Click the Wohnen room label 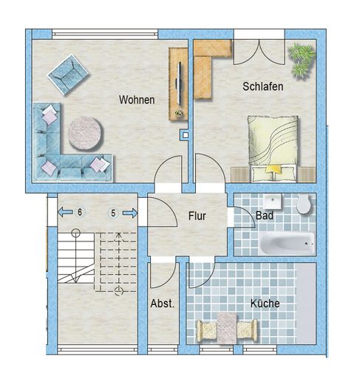click(x=137, y=100)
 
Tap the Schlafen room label click(x=263, y=86)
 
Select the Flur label click(x=197, y=216)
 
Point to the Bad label click(x=265, y=216)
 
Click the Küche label click(x=265, y=304)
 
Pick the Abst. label click(x=163, y=304)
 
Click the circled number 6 click(x=80, y=212)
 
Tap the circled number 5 click(x=113, y=213)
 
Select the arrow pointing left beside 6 click(x=65, y=212)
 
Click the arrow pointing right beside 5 click(x=130, y=213)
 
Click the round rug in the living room click(x=85, y=133)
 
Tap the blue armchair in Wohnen click(x=68, y=75)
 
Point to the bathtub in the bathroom click(x=287, y=243)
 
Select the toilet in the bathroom click(x=303, y=205)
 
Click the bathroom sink click(x=273, y=202)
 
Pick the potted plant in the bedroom click(x=302, y=61)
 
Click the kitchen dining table click(x=227, y=328)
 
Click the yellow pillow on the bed click(x=273, y=169)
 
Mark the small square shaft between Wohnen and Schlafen click(x=186, y=135)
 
